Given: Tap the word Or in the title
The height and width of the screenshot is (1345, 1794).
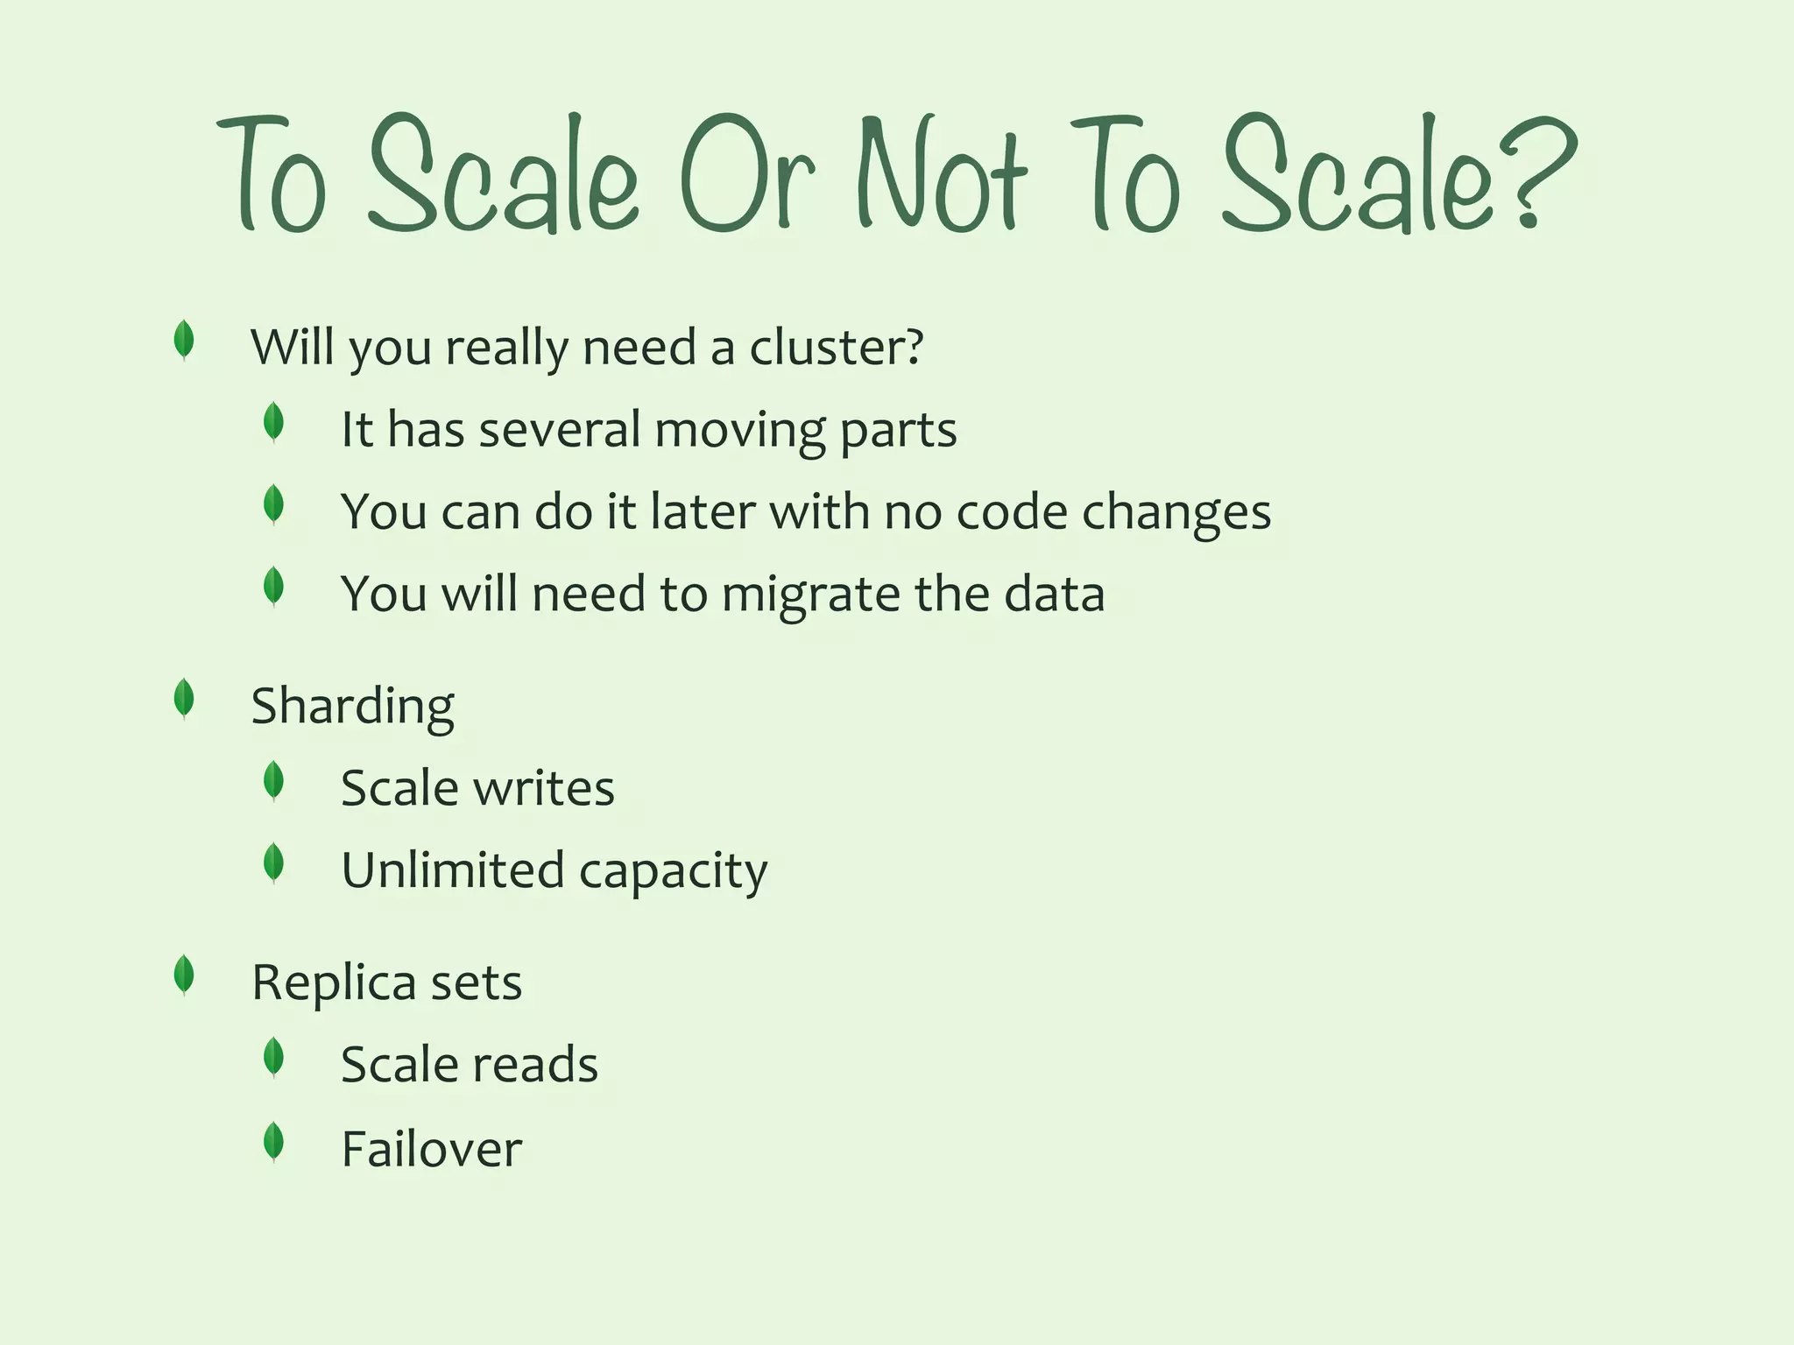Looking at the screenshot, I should pyautogui.click(x=747, y=175).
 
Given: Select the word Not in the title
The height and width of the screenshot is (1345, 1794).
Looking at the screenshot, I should pyautogui.click(x=941, y=175).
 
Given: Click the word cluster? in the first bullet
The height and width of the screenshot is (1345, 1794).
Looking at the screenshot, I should pyautogui.click(x=836, y=348).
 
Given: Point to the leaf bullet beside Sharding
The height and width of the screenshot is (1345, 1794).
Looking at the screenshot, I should pyautogui.click(x=184, y=699).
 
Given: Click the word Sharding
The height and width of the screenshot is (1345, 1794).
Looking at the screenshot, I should pyautogui.click(x=352, y=707).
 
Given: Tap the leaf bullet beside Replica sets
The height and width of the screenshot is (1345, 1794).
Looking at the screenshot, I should pyautogui.click(x=184, y=975).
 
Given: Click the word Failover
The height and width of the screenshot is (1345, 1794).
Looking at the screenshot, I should pyautogui.click(x=431, y=1148).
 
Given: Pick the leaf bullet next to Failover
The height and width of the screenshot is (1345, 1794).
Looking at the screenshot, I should pyautogui.click(x=273, y=1142).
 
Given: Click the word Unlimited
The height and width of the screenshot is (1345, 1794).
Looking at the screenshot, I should pyautogui.click(x=452, y=870).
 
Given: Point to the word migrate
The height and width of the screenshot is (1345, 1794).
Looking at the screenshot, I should pyautogui.click(x=811, y=595).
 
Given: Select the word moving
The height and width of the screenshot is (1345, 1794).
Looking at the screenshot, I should pyautogui.click(x=740, y=431).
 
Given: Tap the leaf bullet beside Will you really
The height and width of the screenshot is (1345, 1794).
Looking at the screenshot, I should pyautogui.click(x=184, y=340).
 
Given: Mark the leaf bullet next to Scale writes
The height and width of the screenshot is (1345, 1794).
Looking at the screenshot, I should pyautogui.click(x=273, y=781).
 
